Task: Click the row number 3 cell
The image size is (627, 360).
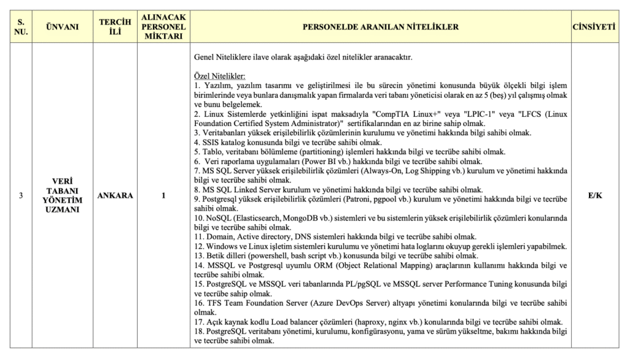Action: pyautogui.click(x=21, y=196)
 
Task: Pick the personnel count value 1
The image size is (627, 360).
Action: pyautogui.click(x=163, y=196)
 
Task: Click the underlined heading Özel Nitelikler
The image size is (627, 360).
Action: pyautogui.click(x=219, y=76)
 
